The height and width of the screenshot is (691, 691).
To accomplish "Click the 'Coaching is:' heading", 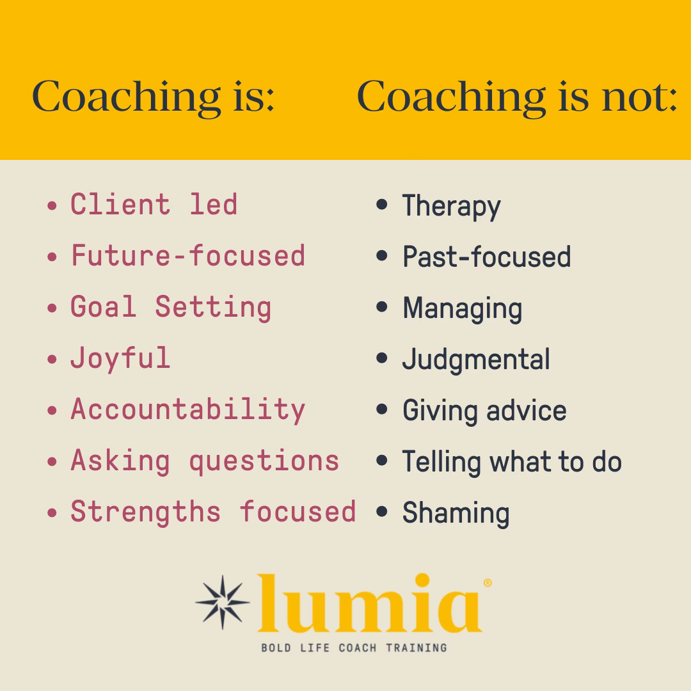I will [154, 97].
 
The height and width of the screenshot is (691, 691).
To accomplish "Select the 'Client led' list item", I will [154, 205].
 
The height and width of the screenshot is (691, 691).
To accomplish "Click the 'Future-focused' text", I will [187, 256].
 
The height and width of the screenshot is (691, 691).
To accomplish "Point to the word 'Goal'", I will [103, 307].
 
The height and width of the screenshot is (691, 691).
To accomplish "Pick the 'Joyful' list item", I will [120, 358].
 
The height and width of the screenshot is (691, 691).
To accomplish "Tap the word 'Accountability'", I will [187, 409].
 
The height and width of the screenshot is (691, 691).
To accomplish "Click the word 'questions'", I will [264, 461].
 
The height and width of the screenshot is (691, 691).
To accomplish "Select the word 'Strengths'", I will [145, 512].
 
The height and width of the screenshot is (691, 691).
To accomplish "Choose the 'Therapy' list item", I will [451, 207].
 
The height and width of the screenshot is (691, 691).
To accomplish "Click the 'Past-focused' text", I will [486, 257].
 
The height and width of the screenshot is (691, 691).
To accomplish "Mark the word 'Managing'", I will [462, 309].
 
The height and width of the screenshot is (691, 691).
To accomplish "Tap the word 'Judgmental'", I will [476, 360].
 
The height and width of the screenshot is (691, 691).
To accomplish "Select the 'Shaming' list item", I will [456, 513].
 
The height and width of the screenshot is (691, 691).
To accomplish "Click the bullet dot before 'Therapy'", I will [382, 205].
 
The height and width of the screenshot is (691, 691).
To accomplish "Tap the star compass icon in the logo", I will [222, 602].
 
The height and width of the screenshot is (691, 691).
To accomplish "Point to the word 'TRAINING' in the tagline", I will [416, 647].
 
